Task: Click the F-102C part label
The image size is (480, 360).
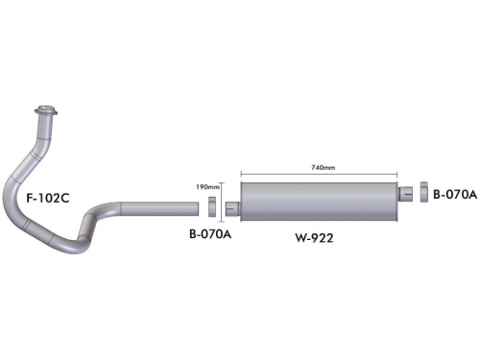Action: click(x=48, y=199)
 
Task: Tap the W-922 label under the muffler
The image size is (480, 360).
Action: click(x=314, y=238)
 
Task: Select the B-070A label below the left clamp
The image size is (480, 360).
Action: click(x=210, y=234)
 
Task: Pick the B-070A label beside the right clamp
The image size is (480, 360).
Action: click(x=455, y=194)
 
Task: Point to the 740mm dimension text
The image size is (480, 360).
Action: click(x=323, y=167)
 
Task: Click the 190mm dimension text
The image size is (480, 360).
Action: click(x=207, y=186)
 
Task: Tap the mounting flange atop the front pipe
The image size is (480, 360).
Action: click(x=46, y=111)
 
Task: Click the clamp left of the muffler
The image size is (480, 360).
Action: click(x=212, y=206)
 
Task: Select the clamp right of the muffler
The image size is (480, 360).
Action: click(x=424, y=192)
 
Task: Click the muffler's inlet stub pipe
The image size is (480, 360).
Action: click(x=232, y=208)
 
